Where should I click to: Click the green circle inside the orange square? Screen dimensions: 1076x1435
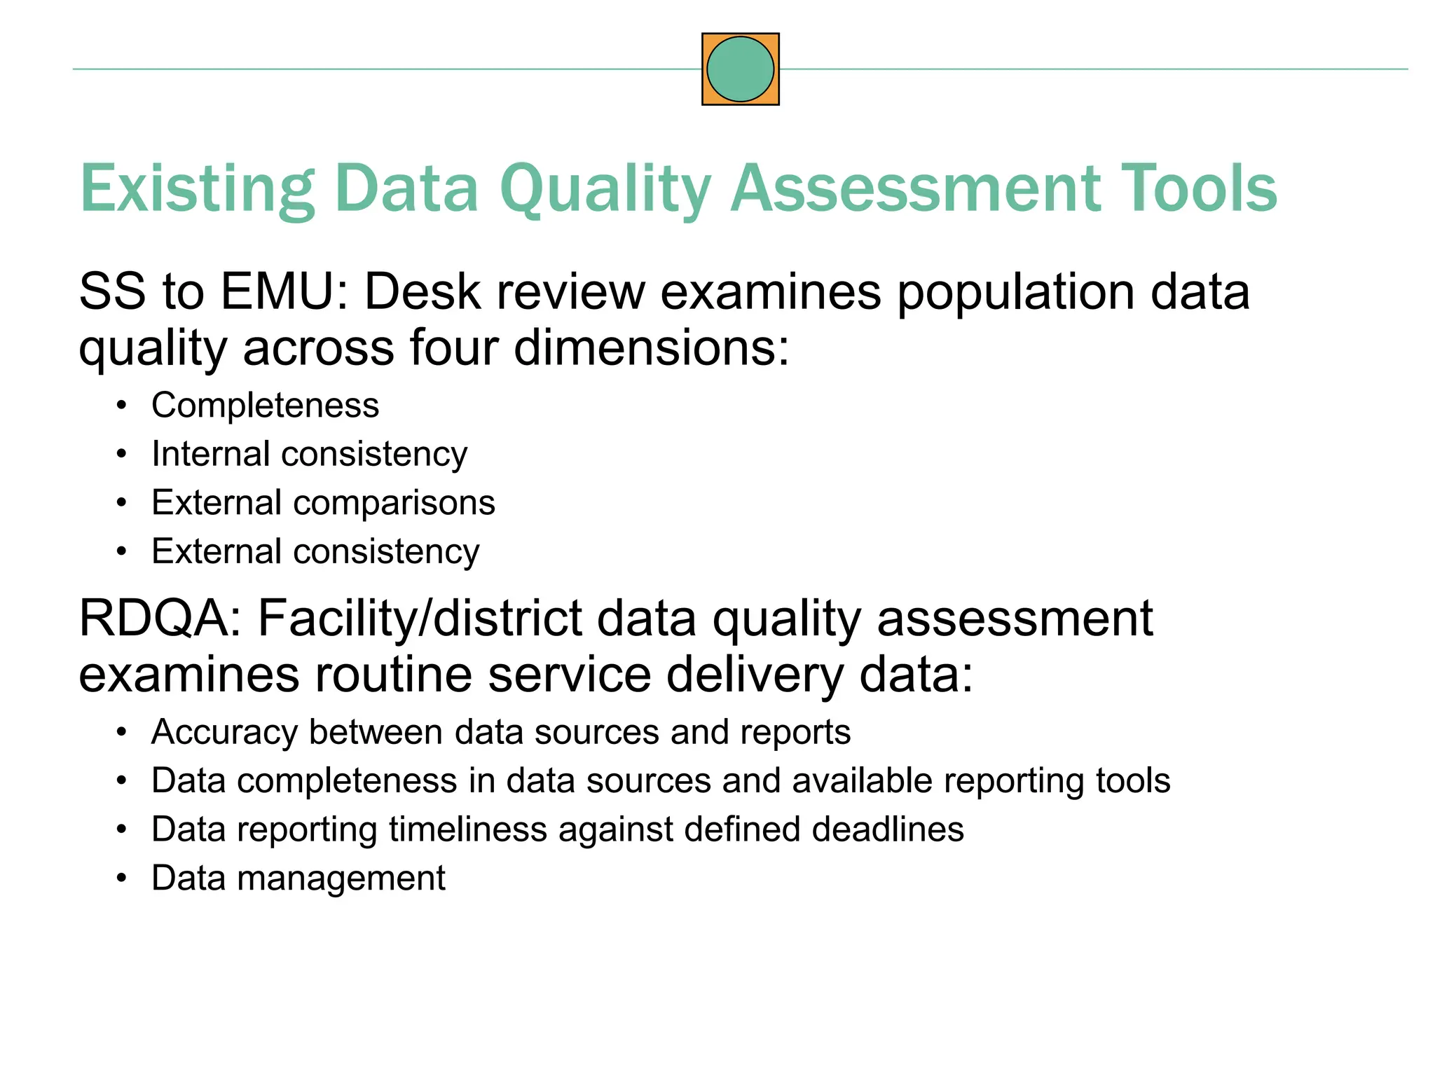pyautogui.click(x=740, y=69)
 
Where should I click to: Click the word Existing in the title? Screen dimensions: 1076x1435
pyautogui.click(x=197, y=188)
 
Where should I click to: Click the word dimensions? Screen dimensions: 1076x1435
pyautogui.click(x=651, y=347)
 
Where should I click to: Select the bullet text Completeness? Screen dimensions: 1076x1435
pyautogui.click(x=265, y=405)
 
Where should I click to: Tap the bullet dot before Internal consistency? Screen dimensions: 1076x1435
pyautogui.click(x=122, y=455)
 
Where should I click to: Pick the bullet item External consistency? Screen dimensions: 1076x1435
pyautogui.click(x=315, y=551)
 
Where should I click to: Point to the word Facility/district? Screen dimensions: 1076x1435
pyautogui.click(x=420, y=619)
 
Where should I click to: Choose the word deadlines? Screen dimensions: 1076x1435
pyautogui.click(x=888, y=829)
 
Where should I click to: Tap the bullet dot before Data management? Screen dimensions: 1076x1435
pyautogui.click(x=122, y=878)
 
